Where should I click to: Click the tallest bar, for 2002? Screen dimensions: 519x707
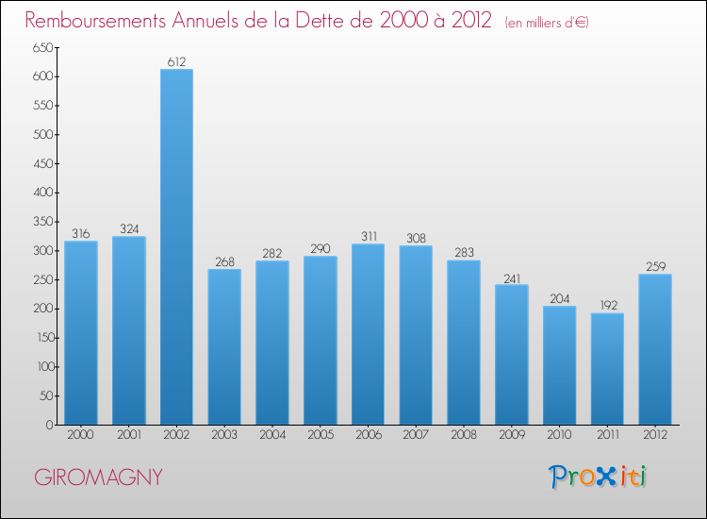[x=176, y=247]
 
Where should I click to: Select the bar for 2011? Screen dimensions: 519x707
[x=607, y=369]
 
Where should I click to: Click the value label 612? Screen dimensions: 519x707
[x=176, y=62]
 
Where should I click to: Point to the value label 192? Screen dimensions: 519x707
[x=607, y=306]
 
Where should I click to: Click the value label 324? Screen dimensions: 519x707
[x=129, y=229]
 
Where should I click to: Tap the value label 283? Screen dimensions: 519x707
[x=464, y=253]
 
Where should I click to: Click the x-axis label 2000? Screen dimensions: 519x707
[x=81, y=435]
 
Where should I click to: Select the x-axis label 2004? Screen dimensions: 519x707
[x=272, y=435]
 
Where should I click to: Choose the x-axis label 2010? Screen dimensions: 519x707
[x=559, y=435]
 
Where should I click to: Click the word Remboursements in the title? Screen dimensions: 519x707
[x=103, y=20]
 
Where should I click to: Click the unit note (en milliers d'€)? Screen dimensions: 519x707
[x=547, y=22]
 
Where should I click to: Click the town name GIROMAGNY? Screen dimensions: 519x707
[x=99, y=477]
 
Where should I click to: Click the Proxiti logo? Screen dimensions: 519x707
[x=598, y=477]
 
